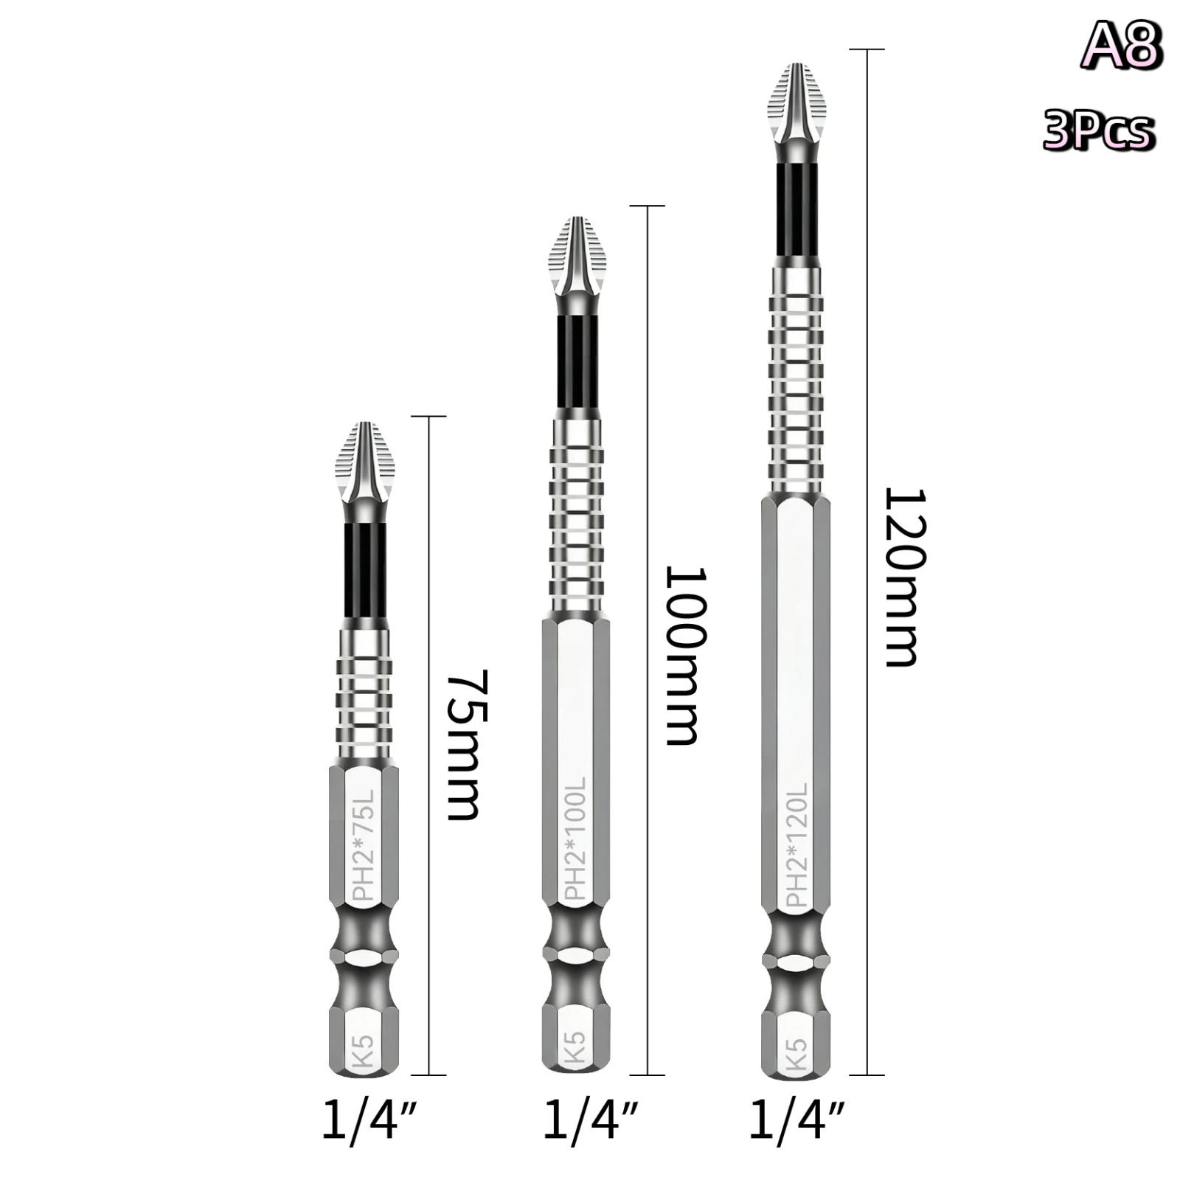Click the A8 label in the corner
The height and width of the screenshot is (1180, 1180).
pyautogui.click(x=1122, y=45)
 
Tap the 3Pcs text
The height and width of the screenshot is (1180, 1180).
pyautogui.click(x=1098, y=131)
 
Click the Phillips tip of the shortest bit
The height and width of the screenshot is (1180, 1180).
pyautogui.click(x=364, y=463)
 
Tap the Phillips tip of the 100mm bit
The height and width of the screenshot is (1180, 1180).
pyautogui.click(x=577, y=257)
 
